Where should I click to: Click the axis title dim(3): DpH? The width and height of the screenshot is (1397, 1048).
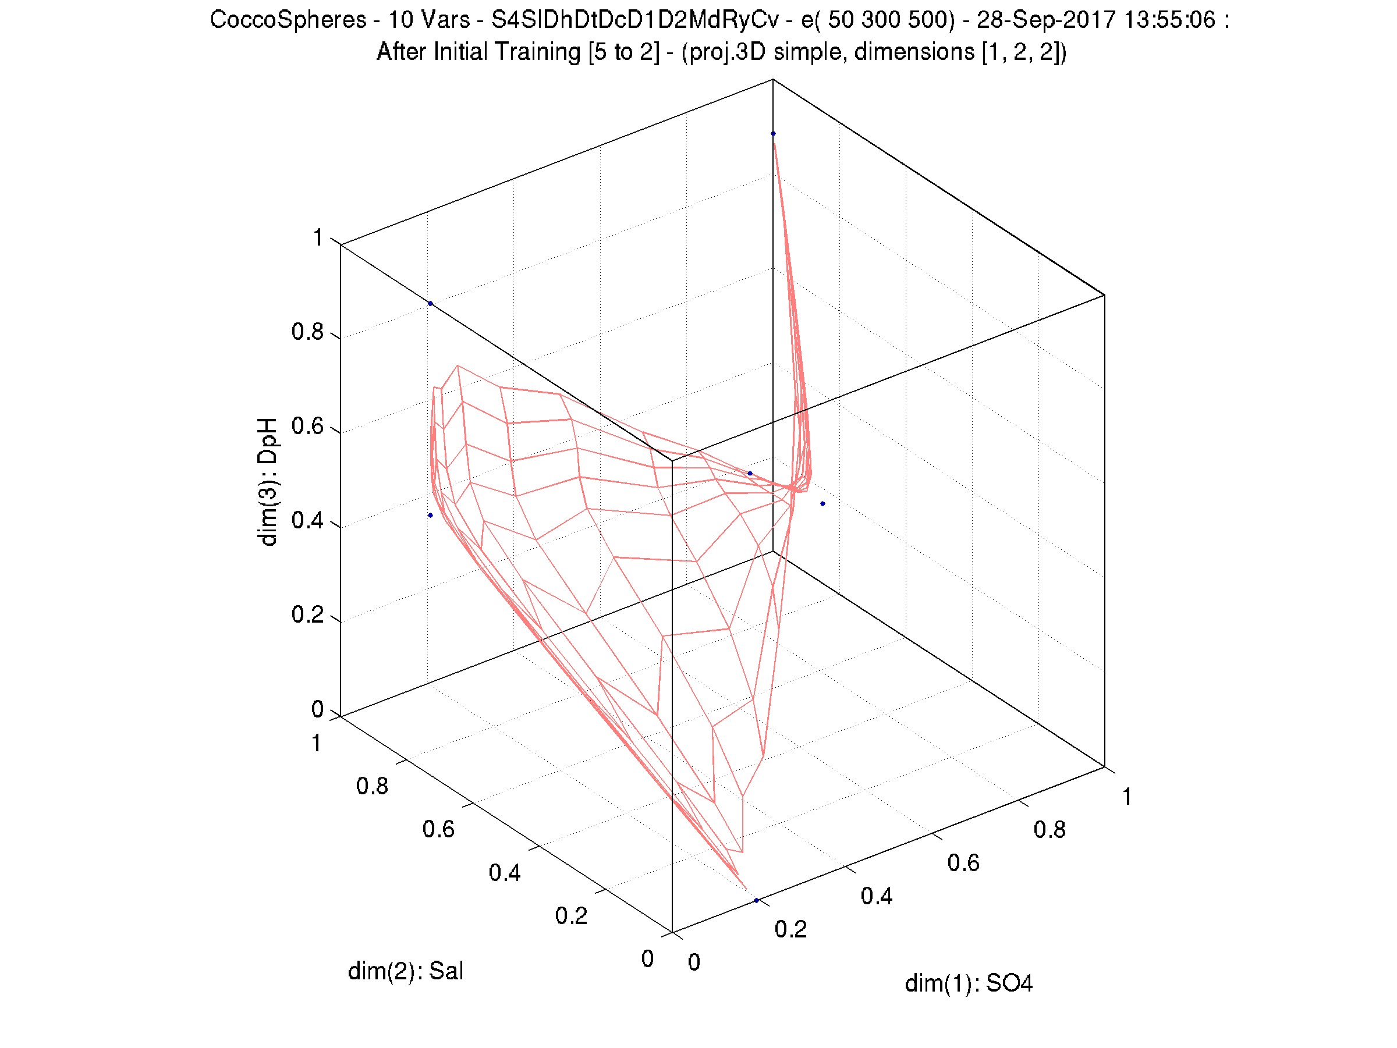coord(268,481)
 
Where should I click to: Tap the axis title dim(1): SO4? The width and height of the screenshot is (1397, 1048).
coord(968,983)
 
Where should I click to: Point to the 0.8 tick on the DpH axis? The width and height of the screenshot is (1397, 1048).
coord(307,332)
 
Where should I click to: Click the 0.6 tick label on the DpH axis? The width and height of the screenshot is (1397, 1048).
coord(307,426)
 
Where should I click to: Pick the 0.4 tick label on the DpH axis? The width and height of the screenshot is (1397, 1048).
coord(307,521)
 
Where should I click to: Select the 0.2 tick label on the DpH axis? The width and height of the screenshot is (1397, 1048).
coord(307,615)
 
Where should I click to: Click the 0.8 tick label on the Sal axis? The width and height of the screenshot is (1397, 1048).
coord(372,786)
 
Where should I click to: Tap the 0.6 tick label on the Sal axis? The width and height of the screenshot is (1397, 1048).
coord(438,829)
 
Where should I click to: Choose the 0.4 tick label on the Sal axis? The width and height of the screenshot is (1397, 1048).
coord(505,872)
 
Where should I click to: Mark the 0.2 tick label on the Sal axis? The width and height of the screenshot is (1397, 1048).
coord(571,915)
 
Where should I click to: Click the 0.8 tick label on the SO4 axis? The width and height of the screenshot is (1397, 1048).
coord(1049,830)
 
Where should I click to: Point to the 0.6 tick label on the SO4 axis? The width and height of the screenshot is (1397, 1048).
coord(963,863)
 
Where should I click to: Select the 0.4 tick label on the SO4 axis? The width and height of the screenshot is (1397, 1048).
coord(877,896)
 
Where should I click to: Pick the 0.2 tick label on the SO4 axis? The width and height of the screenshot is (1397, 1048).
coord(790,929)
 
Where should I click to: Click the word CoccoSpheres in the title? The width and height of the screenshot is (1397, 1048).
coord(288,20)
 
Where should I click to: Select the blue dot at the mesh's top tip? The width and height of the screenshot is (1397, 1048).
coord(773,134)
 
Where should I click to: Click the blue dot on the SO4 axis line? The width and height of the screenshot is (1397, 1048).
coord(756,900)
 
